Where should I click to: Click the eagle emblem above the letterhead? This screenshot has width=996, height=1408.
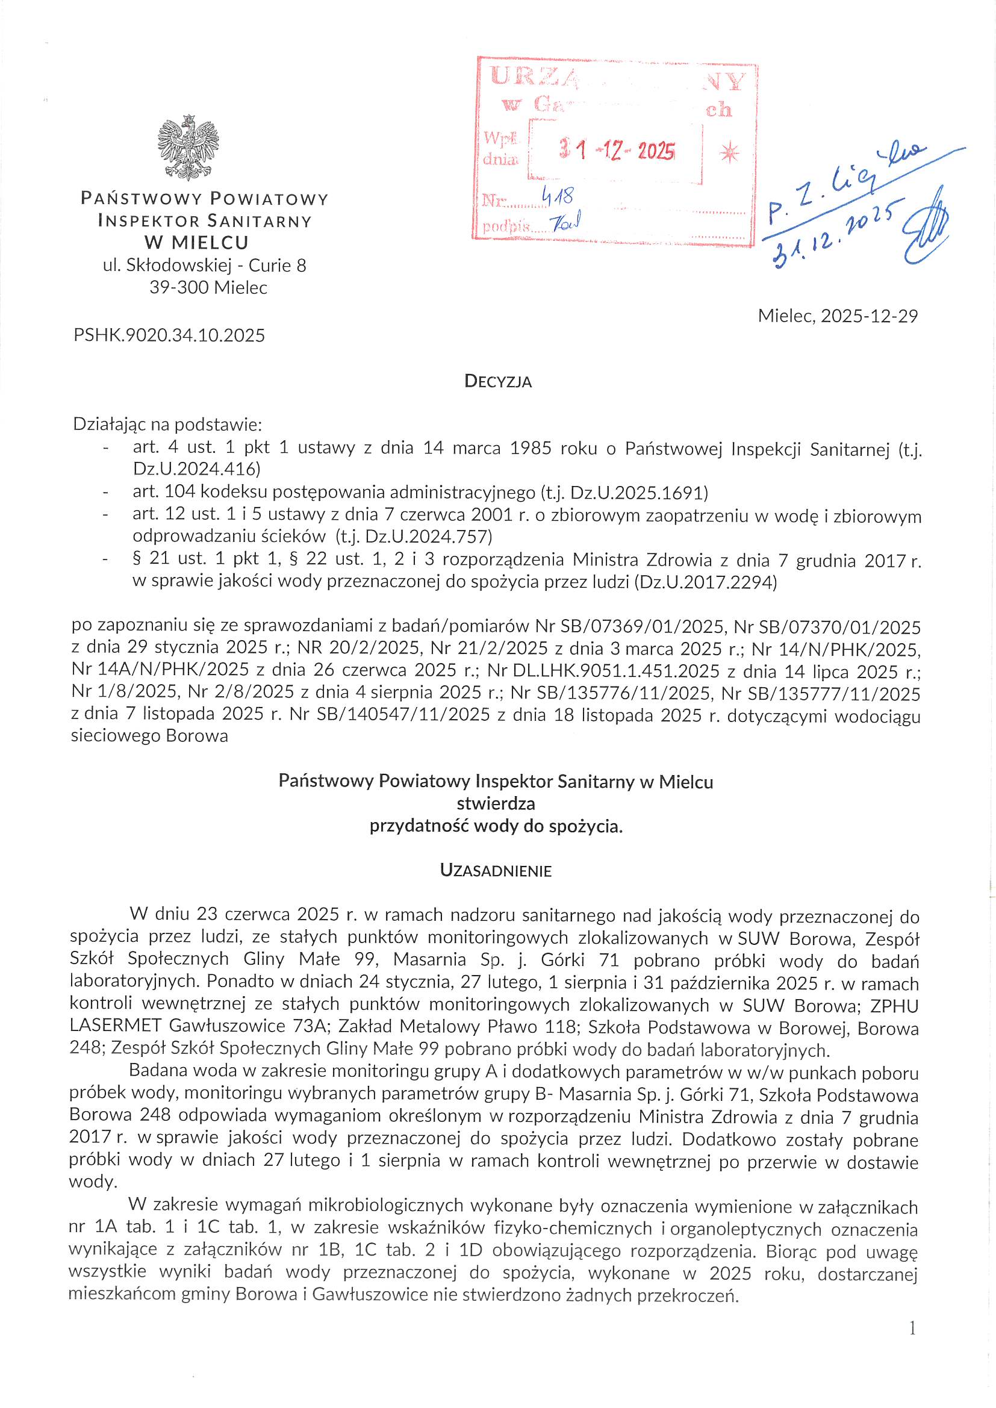[188, 147]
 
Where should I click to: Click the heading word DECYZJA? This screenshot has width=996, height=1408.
[498, 381]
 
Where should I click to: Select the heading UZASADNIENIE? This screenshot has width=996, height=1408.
[496, 871]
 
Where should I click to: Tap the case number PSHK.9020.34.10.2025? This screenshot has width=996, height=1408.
[169, 335]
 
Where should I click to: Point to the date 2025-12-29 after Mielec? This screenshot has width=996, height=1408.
[869, 316]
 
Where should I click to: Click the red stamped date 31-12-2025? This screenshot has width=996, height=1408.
[617, 150]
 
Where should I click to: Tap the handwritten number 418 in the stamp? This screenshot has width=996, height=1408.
[558, 196]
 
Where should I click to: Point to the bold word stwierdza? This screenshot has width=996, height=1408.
[496, 803]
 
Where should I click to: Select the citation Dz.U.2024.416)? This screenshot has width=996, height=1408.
[197, 469]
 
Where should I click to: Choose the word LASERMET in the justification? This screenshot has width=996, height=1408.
[115, 1026]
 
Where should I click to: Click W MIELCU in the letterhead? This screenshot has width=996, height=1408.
[197, 243]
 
